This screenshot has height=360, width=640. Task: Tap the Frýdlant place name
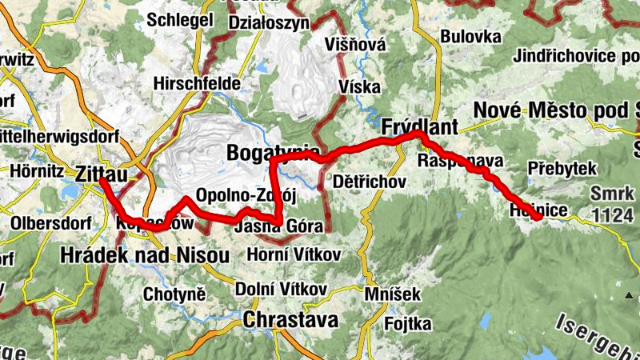pos(419,126)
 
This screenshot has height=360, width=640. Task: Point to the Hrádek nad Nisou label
pos(145,255)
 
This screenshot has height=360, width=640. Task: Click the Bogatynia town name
pos(272,151)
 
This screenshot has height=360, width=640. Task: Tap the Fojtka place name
pos(407,323)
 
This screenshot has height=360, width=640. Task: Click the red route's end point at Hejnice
pos(539,217)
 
